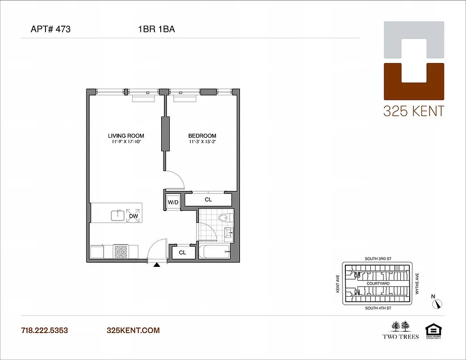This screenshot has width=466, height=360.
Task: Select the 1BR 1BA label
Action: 156,30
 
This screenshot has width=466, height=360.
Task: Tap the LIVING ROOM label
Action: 126,135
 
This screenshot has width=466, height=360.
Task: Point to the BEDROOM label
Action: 202,135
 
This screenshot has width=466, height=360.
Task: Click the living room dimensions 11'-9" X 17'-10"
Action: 126,142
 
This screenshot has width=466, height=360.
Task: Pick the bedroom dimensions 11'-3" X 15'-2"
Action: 202,142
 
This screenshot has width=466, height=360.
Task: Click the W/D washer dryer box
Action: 173,202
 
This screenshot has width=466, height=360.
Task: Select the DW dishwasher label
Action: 133,216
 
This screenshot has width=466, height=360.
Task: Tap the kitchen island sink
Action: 118,216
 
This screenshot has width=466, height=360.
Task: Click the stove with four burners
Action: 121,252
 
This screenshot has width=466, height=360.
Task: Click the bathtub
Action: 214,252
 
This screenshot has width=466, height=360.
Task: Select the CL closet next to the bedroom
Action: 208,199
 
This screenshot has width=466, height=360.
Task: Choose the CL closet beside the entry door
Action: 182,252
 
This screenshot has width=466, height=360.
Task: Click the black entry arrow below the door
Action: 157,265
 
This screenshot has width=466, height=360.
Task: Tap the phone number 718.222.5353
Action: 45,330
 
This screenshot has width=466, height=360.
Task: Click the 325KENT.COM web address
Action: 133,330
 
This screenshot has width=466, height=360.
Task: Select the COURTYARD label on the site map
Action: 378,283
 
